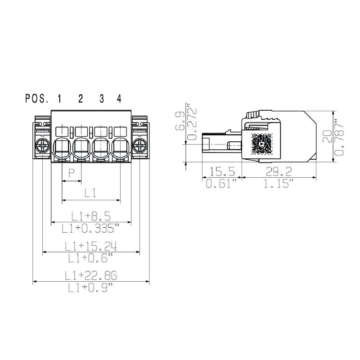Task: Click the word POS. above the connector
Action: tap(37, 99)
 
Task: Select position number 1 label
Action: tap(59, 99)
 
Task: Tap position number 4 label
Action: tap(119, 99)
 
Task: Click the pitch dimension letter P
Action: tap(71, 173)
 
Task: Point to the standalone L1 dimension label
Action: tap(91, 193)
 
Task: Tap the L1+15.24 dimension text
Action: tap(91, 246)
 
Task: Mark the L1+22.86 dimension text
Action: tap(91, 275)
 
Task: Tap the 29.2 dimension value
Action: tap(279, 171)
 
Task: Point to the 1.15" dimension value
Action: tap(279, 184)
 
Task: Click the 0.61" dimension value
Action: tap(221, 184)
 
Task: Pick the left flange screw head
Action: tap(43, 146)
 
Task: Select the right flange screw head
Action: tap(140, 146)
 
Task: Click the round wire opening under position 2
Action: tap(81, 147)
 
